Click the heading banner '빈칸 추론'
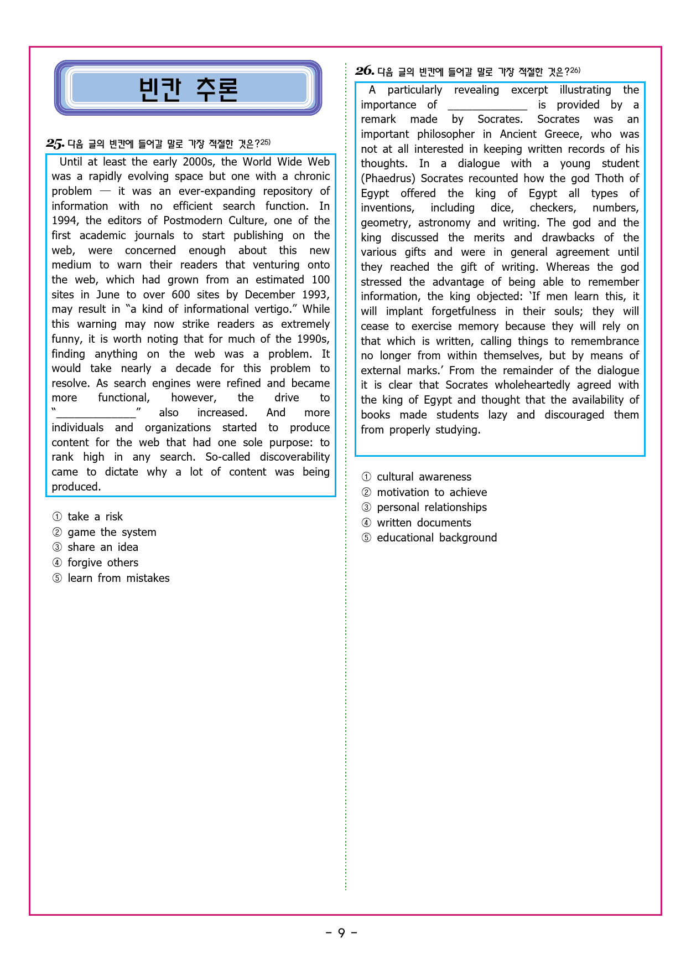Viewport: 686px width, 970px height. point(188,89)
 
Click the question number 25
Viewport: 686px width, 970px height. point(55,144)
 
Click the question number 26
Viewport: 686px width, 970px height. point(365,71)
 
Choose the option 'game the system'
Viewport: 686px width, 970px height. point(111,532)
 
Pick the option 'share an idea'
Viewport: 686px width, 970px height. point(102,547)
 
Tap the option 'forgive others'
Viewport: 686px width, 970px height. point(102,563)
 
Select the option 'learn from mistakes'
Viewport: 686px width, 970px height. point(118,578)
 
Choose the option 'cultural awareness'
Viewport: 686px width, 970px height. point(424,477)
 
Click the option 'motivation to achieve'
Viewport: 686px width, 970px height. point(432,492)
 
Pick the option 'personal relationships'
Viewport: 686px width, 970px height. point(432,507)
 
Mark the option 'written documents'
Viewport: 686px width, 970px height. point(424,523)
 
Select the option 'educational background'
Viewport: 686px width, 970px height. point(436,538)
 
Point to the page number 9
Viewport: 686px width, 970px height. point(341,933)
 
